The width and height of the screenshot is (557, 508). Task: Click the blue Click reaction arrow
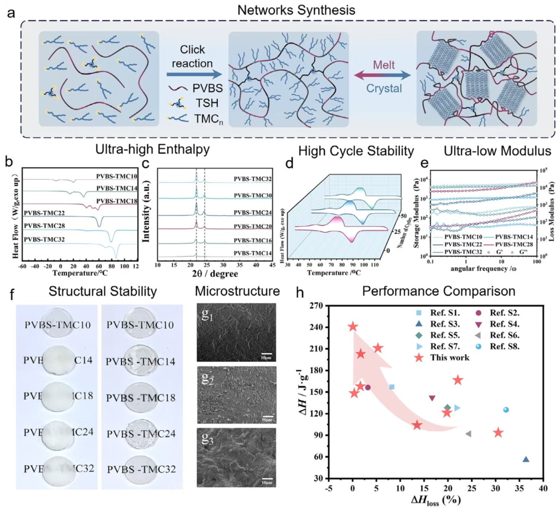point(194,74)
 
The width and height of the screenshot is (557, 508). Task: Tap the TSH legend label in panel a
point(207,103)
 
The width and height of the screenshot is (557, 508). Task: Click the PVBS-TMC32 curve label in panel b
point(44,239)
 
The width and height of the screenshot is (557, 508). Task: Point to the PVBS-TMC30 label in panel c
point(252,195)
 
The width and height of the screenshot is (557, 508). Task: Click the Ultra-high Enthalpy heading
point(152,149)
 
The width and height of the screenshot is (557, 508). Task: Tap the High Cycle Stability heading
point(356,151)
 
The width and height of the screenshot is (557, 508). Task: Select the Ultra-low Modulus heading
point(497,151)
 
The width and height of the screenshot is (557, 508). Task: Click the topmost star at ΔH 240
point(353,326)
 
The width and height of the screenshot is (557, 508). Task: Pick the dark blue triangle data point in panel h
point(526,459)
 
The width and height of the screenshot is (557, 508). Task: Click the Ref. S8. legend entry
point(504,346)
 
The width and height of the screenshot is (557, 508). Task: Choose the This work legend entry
point(449,358)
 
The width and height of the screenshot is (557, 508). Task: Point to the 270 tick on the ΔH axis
point(316,305)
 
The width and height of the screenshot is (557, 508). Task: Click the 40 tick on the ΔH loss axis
point(543,488)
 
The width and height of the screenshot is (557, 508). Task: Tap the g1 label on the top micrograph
point(207,314)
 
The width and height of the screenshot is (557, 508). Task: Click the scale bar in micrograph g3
point(267,479)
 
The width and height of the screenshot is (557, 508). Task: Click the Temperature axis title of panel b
point(80,273)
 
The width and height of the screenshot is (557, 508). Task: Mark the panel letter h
point(300,293)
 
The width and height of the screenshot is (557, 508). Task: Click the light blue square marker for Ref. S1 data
point(392,387)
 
